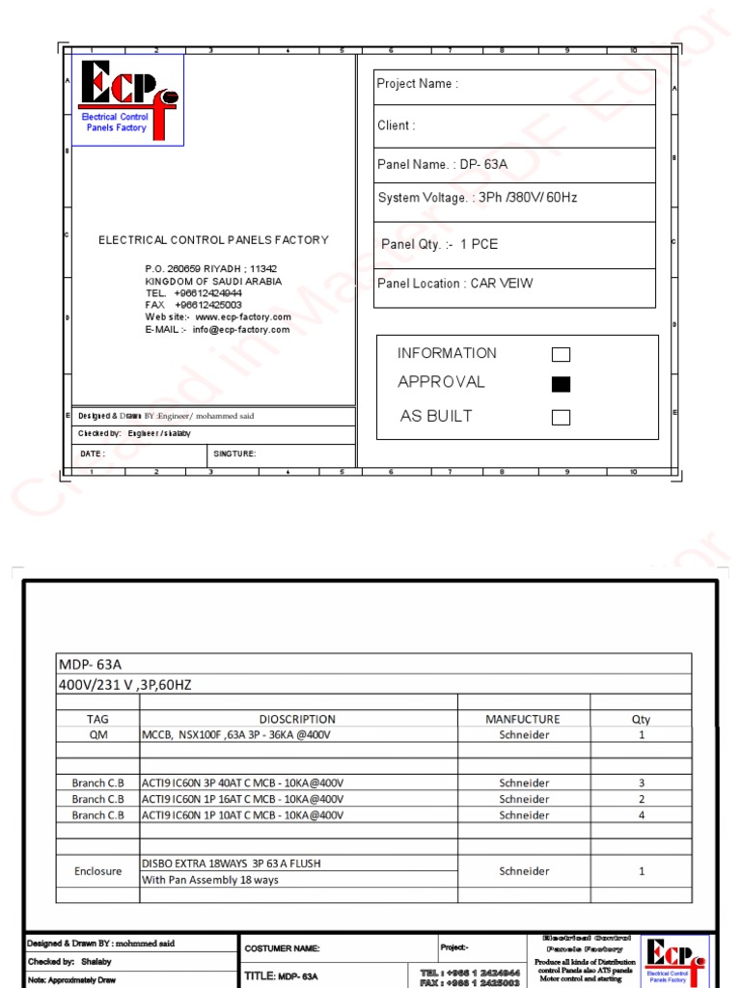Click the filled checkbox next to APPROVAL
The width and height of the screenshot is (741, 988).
pyautogui.click(x=561, y=384)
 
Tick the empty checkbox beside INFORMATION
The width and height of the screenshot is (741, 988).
pyautogui.click(x=561, y=354)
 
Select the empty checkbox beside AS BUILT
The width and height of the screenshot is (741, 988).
pyautogui.click(x=561, y=417)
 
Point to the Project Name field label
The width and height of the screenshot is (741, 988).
pyautogui.click(x=417, y=84)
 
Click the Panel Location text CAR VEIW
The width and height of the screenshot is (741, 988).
pyautogui.click(x=501, y=284)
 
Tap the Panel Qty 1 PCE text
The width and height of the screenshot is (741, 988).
pyautogui.click(x=479, y=244)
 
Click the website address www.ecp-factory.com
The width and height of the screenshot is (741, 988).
pyautogui.click(x=242, y=317)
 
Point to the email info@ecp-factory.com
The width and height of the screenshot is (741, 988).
pyautogui.click(x=240, y=330)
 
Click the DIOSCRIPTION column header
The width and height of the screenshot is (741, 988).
pyautogui.click(x=297, y=719)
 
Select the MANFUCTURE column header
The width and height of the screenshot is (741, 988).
pyautogui.click(x=523, y=719)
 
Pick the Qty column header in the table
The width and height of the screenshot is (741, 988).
pyautogui.click(x=641, y=719)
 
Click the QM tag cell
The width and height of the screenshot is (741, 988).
pyautogui.click(x=98, y=734)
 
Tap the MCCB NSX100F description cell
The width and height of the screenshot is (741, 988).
pyautogui.click(x=236, y=734)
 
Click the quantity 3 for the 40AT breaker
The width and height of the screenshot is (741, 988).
pyautogui.click(x=641, y=783)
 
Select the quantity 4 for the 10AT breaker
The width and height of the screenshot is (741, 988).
pyautogui.click(x=641, y=815)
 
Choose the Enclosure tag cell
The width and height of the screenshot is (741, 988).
pyautogui.click(x=98, y=871)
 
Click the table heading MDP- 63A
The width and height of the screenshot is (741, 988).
pyautogui.click(x=91, y=664)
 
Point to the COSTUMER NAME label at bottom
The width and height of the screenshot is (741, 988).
pyautogui.click(x=282, y=948)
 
